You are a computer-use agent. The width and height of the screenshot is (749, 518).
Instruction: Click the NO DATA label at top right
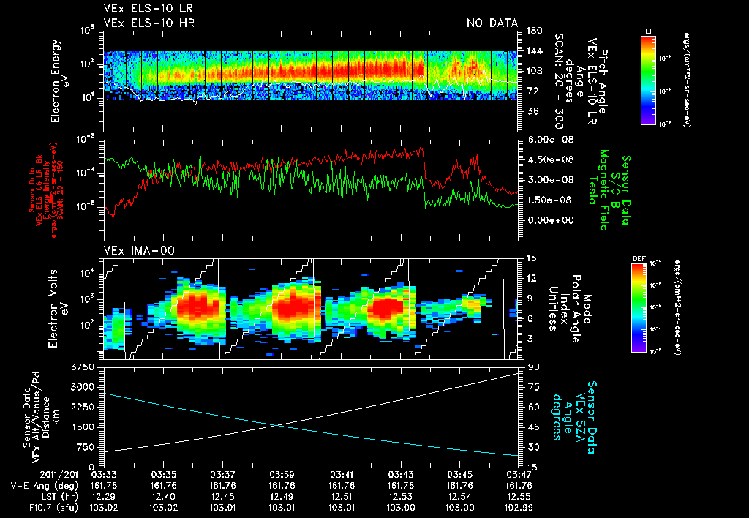(492, 23)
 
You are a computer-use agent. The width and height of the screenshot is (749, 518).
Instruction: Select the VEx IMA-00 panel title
(134, 250)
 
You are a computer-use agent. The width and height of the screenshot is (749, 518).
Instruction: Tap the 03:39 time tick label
(282, 474)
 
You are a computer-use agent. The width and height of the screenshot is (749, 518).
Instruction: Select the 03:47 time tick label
(519, 474)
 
